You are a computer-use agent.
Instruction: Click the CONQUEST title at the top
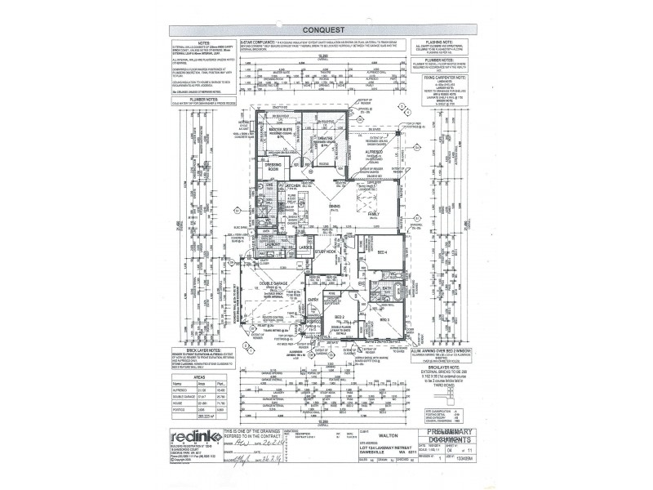pos(326,30)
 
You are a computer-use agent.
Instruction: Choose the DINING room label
pos(335,206)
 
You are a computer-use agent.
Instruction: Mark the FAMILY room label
pos(373,214)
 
